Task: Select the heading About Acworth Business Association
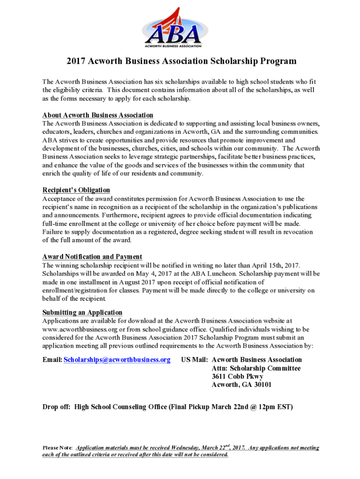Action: point(98,115)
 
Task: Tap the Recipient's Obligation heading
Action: point(76,190)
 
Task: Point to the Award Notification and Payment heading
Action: point(92,257)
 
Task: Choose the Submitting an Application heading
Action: point(82,312)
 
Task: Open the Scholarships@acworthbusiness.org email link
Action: point(117,360)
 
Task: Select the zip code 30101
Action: point(261,385)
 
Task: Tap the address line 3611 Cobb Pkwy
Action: point(238,377)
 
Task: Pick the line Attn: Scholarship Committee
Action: point(256,368)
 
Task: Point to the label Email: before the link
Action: point(52,360)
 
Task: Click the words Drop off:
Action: point(56,407)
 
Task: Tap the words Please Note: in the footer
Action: point(58,448)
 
